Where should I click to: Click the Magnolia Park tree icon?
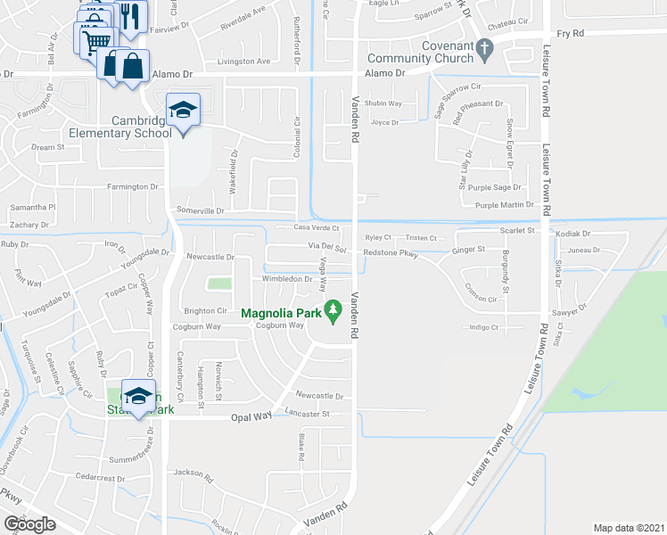333,311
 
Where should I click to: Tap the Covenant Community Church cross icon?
484,50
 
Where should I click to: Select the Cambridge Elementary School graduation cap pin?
183,111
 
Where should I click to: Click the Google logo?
29,524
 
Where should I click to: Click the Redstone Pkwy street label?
391,253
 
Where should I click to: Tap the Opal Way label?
251,416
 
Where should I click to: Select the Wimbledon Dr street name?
286,279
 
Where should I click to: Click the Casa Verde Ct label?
317,227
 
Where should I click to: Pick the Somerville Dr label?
201,210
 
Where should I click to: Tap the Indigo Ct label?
482,328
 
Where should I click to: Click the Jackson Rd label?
194,473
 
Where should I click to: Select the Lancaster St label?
308,414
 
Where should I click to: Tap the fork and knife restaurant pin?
132,16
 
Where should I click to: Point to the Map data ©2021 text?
628,528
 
